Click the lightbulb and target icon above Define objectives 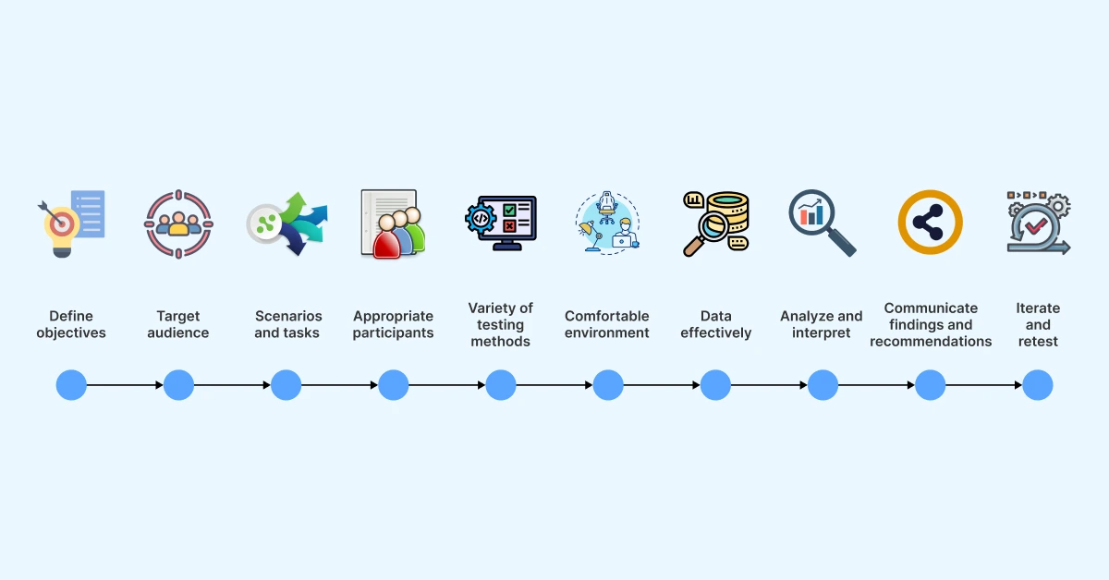[71, 224]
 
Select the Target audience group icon [178, 224]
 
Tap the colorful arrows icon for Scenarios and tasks [286, 224]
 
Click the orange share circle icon [930, 223]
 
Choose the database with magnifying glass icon [715, 224]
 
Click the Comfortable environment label [607, 324]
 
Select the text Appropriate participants [393, 324]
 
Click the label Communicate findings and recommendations [931, 324]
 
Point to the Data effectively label [715, 324]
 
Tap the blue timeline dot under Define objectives [71, 385]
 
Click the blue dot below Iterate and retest [1038, 385]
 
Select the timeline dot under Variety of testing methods [500, 385]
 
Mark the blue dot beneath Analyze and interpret [823, 385]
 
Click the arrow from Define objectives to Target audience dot [125, 385]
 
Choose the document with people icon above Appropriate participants [393, 224]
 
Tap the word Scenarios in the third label [286, 316]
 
